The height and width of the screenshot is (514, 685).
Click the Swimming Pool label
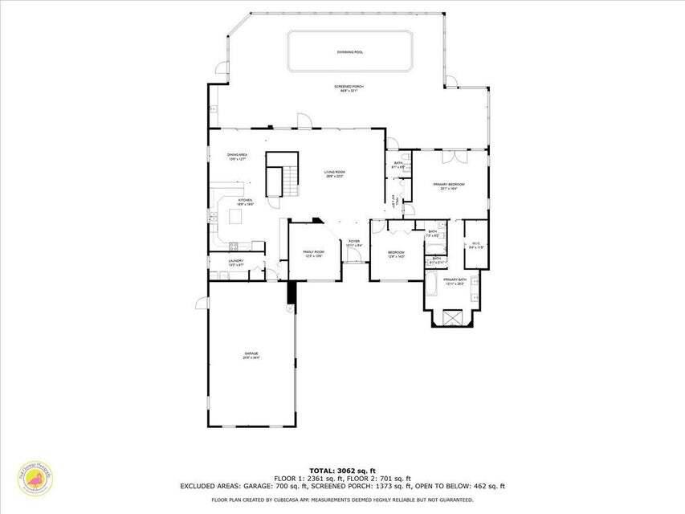pos(349,51)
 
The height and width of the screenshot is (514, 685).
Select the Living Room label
pos(334,173)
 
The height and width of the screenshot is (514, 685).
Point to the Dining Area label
pos(236,156)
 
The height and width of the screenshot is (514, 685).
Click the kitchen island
pos(236,216)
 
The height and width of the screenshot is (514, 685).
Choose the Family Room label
pos(313,254)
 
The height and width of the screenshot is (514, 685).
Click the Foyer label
pos(353,243)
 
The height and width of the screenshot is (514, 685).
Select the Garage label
pos(252,355)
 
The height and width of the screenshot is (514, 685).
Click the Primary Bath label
pos(455,282)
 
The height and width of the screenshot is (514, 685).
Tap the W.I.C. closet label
pos(476,245)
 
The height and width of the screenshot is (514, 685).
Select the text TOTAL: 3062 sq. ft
pos(342,471)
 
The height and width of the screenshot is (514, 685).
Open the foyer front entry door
pos(353,255)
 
